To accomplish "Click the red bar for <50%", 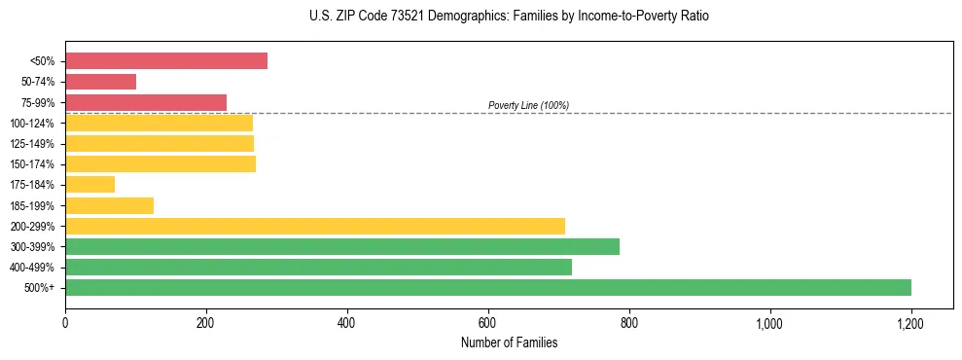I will tap(165, 61).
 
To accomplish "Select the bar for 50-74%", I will tap(100, 82).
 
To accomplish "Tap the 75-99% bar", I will tap(145, 102).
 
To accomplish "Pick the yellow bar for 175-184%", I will tap(89, 185).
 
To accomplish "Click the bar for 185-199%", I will tap(109, 205).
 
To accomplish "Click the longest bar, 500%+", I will tap(487, 287).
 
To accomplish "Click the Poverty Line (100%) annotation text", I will tap(528, 105).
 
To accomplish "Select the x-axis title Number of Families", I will tap(509, 342).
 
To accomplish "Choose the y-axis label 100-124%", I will tap(32, 124).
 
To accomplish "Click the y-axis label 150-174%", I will tap(32, 164).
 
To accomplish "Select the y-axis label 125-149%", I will tap(32, 144).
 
